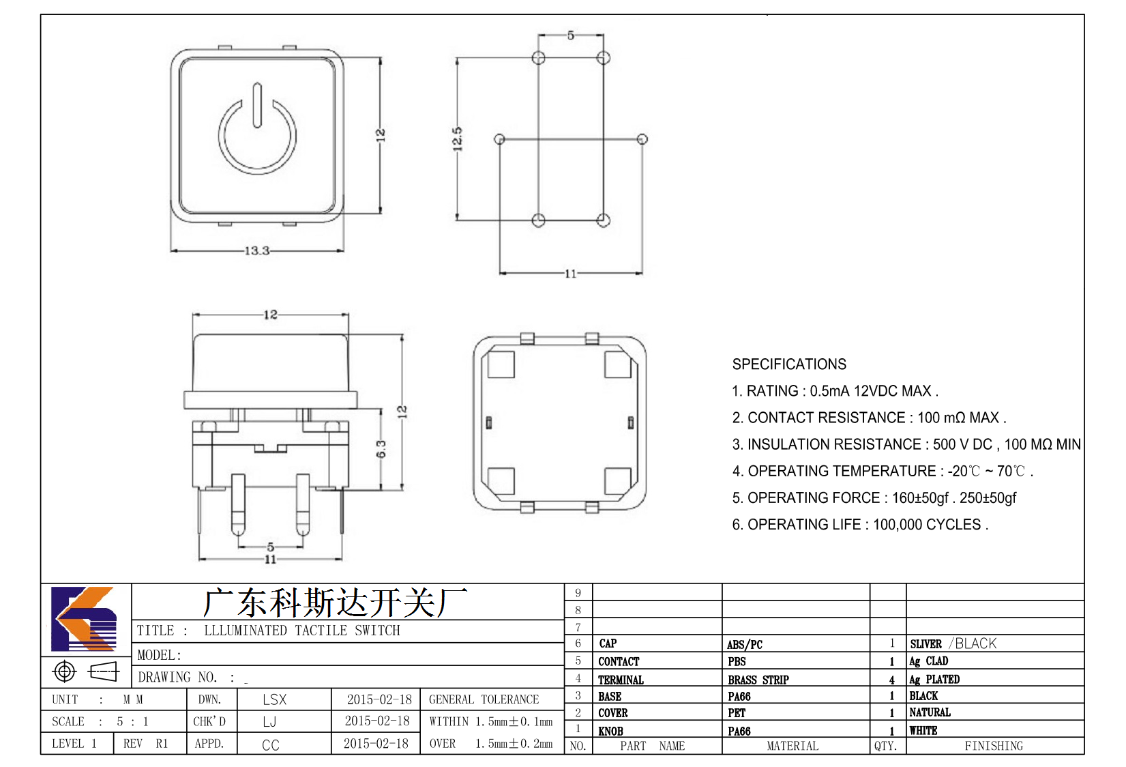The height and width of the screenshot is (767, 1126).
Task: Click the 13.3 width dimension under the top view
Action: pyautogui.click(x=257, y=250)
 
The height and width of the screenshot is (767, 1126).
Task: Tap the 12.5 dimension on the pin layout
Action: pyautogui.click(x=457, y=139)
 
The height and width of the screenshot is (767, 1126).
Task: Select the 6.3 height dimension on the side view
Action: pyautogui.click(x=381, y=449)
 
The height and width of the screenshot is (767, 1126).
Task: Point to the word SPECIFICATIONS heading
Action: pyautogui.click(x=789, y=364)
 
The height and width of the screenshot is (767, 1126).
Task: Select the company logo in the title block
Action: pyautogui.click(x=84, y=619)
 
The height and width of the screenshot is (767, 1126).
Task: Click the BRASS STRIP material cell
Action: pyautogui.click(x=758, y=680)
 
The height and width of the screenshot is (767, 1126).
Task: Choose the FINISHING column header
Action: pyautogui.click(x=994, y=746)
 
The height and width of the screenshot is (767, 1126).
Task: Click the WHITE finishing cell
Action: pyautogui.click(x=923, y=730)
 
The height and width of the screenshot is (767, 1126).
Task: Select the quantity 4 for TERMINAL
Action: pyautogui.click(x=892, y=680)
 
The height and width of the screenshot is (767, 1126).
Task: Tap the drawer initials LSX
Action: pyautogui.click(x=274, y=699)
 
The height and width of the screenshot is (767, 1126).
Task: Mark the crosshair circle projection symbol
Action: pyautogui.click(x=64, y=671)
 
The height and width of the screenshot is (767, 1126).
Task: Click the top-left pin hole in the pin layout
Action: pyautogui.click(x=538, y=58)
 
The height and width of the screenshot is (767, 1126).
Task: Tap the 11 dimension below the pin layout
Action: pyautogui.click(x=571, y=274)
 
